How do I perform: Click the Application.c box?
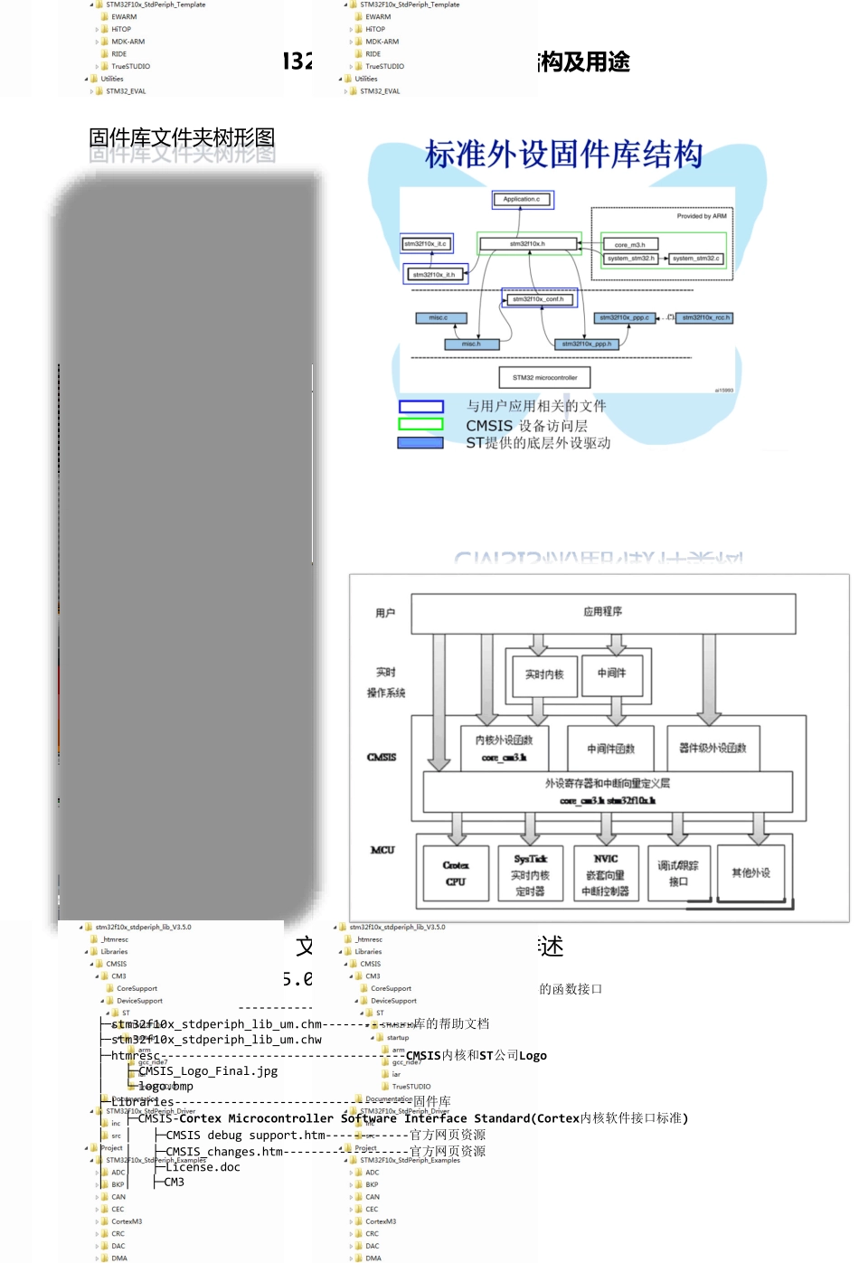(x=522, y=199)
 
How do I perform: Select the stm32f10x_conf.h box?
(x=538, y=299)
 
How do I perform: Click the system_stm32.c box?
(x=696, y=259)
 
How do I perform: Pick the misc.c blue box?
(x=439, y=317)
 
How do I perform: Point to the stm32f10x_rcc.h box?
(x=706, y=317)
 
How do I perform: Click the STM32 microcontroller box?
(x=544, y=378)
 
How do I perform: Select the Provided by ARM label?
(x=701, y=216)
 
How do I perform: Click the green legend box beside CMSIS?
(x=421, y=424)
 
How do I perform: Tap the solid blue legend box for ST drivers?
(x=420, y=443)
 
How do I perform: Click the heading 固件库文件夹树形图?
(x=182, y=137)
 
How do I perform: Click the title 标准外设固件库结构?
(x=563, y=155)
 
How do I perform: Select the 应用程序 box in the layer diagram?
(x=603, y=612)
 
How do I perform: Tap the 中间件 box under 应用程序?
(x=612, y=673)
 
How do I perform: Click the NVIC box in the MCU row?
(x=606, y=873)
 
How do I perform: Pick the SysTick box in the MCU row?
(x=530, y=873)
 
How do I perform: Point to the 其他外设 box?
(x=750, y=872)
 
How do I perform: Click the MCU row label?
(x=382, y=850)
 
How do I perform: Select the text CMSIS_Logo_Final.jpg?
(x=208, y=1071)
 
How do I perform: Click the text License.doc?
(x=203, y=1167)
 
